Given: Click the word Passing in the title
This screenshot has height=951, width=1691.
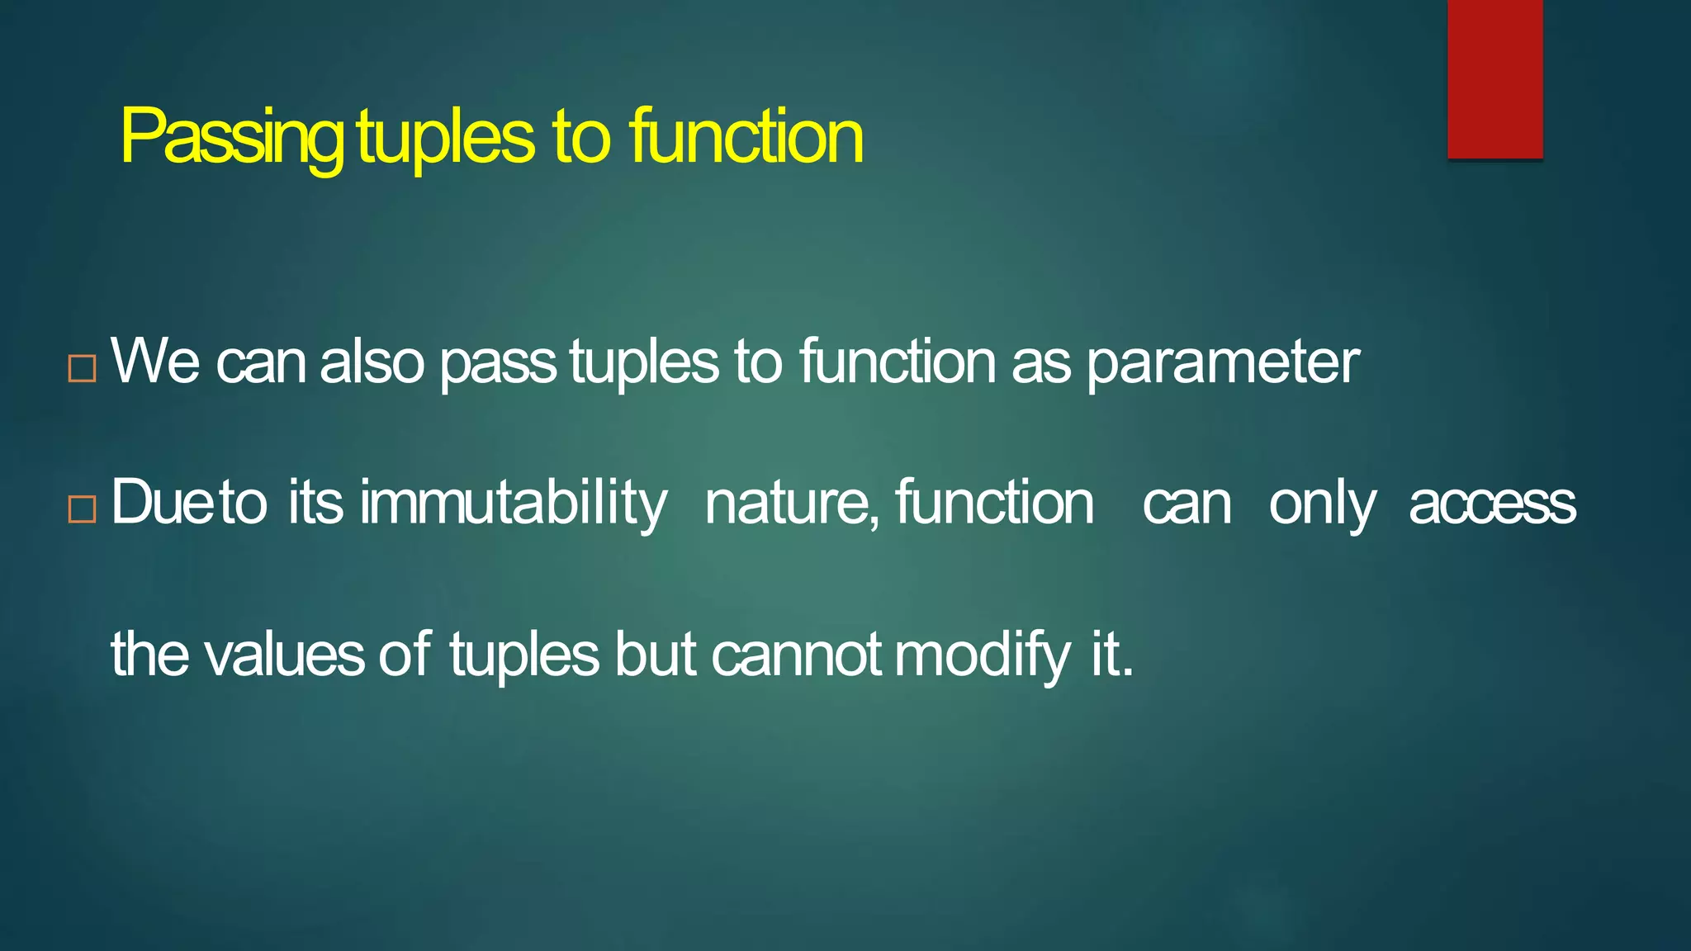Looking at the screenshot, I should coord(231,137).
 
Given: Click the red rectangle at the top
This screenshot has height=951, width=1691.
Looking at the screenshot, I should coord(1494,78).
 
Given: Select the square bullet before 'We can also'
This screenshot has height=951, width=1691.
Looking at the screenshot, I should coord(82,368).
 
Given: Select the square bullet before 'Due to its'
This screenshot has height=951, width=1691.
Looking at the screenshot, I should coord(82,509).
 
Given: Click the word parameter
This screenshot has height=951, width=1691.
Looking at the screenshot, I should coord(1222,363).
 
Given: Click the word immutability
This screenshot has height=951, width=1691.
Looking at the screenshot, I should coord(513,504).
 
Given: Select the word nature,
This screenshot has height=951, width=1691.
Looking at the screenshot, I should coord(792,504).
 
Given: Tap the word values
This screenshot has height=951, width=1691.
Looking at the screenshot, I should coord(284,655).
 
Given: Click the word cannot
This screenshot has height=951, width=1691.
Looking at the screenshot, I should coord(796,655).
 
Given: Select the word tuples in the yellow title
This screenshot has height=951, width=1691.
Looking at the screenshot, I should coord(446,139).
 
